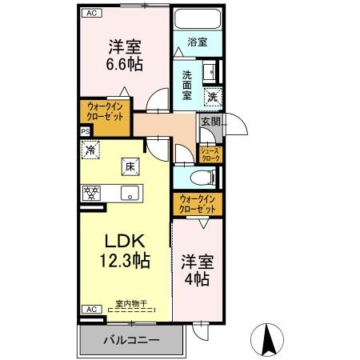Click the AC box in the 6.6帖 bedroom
[x=91, y=13]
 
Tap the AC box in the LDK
[x=91, y=309]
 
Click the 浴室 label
[x=198, y=42]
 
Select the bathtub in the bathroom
[x=198, y=19]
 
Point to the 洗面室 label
[x=187, y=86]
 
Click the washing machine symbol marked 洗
[x=213, y=96]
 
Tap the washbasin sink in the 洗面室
[x=210, y=71]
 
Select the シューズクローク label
[x=210, y=154]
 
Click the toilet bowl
[x=202, y=177]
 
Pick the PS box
[x=86, y=132]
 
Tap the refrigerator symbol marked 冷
[x=90, y=150]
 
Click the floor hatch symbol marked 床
[x=130, y=167]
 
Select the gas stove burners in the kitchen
[x=91, y=193]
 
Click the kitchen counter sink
[x=130, y=193]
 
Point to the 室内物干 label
[x=131, y=303]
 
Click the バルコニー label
[x=131, y=340]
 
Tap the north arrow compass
[x=267, y=340]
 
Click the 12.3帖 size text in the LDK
[x=125, y=261]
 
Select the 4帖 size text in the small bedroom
[x=197, y=279]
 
